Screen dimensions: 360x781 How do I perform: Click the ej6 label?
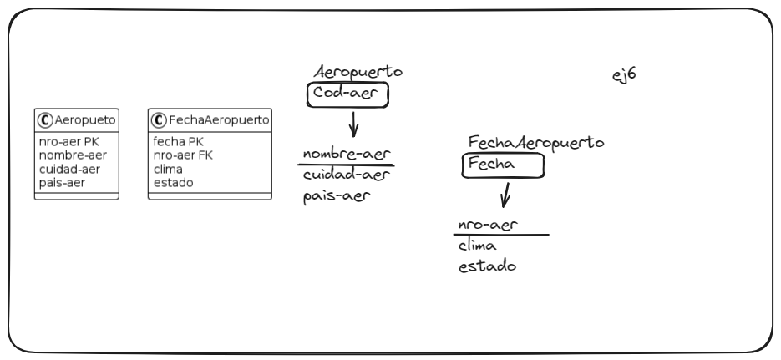pos(625,74)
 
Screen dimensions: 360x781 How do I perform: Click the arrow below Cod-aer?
pos(353,126)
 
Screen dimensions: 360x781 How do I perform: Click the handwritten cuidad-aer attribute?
pos(347,175)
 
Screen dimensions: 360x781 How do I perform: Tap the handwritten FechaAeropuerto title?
pos(536,144)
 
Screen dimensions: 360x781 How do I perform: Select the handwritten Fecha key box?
pos(503,165)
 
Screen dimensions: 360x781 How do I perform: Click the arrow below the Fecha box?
pos(505,197)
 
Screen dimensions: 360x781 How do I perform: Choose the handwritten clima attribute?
pos(478,246)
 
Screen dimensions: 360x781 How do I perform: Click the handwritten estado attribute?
pos(487,267)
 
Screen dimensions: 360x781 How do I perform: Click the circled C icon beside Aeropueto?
pos(45,119)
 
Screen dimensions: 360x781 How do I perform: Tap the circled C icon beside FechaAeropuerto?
pos(157,119)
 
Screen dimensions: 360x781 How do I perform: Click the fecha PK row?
pos(178,142)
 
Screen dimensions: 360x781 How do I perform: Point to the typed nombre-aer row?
pos(73,155)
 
